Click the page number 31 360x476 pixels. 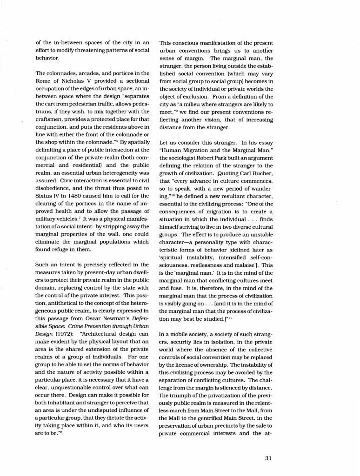tap(268, 458)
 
